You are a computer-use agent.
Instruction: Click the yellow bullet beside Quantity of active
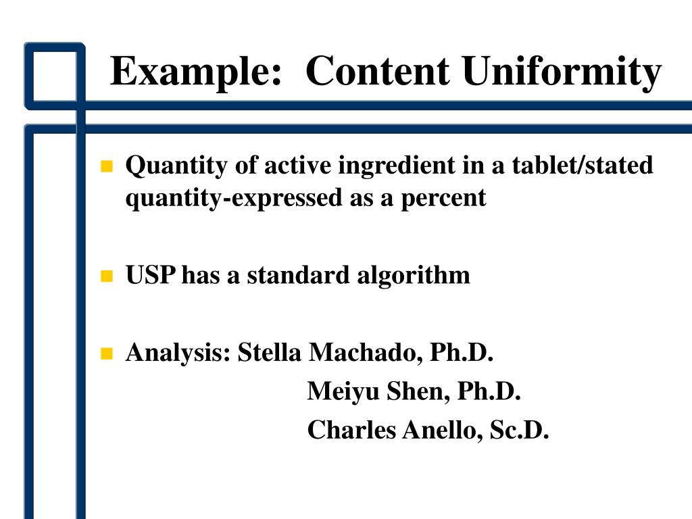(105, 166)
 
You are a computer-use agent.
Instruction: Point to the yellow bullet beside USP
(105, 276)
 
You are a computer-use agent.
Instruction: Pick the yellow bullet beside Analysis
(105, 353)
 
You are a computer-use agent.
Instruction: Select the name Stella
(269, 352)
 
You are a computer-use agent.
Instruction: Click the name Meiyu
(344, 391)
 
